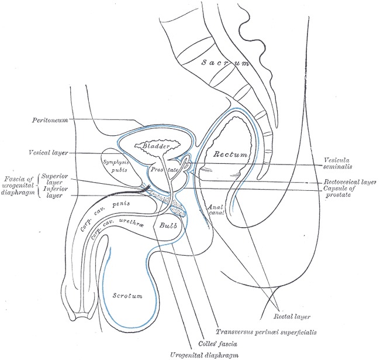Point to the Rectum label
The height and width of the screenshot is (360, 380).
pyautogui.click(x=230, y=155)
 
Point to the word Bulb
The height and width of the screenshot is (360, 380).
pyautogui.click(x=164, y=224)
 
